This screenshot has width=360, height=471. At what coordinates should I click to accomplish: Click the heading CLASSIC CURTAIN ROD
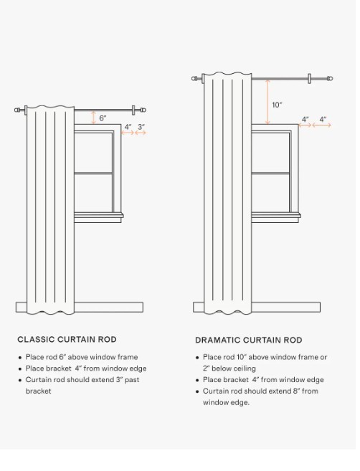(x=67, y=339)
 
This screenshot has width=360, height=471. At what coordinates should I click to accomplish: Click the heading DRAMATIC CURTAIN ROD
(x=249, y=340)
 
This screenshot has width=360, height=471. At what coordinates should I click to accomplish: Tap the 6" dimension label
(x=103, y=118)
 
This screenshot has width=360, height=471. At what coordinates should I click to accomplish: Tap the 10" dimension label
(x=277, y=105)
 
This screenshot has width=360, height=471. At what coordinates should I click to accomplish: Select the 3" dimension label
(x=141, y=127)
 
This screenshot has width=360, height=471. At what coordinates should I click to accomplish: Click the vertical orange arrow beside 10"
(x=267, y=102)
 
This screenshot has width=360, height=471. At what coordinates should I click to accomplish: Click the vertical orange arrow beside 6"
(x=94, y=118)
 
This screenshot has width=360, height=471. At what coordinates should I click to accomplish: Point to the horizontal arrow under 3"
(x=141, y=133)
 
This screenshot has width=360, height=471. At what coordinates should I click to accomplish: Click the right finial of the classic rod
(x=143, y=110)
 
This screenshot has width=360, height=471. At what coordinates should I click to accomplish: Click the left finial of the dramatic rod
(x=194, y=79)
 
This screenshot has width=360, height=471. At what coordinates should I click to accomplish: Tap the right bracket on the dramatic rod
(x=309, y=78)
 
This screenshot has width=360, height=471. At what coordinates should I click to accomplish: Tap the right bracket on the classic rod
(x=133, y=110)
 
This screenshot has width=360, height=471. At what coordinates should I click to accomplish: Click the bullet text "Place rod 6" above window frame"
(x=82, y=357)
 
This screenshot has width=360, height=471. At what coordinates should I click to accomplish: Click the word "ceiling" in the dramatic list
(x=245, y=368)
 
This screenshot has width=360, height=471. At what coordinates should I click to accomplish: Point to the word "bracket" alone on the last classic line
(x=38, y=391)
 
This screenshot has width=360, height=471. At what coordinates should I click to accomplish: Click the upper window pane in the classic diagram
(x=93, y=152)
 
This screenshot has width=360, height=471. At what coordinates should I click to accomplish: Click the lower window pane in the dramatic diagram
(x=270, y=193)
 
